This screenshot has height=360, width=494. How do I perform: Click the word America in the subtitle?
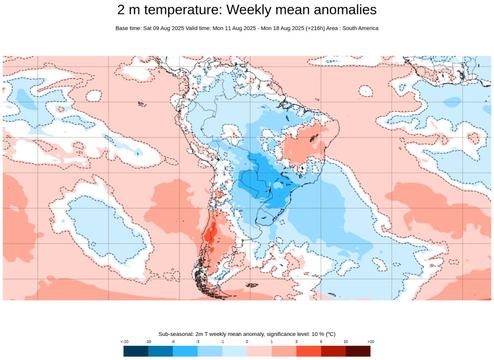pyautogui.click(x=368, y=28)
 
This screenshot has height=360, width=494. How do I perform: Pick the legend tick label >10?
pyautogui.click(x=370, y=342)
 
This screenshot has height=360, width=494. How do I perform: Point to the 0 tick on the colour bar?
pyautogui.click(x=247, y=342)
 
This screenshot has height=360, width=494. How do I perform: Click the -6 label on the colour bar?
pyautogui.click(x=173, y=342)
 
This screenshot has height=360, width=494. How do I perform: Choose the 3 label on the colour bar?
pyautogui.click(x=296, y=342)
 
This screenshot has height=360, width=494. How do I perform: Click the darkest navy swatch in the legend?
pyautogui.click(x=136, y=351)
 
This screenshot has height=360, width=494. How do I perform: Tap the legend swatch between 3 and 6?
pyautogui.click(x=309, y=351)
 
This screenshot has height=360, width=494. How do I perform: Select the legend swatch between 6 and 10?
pyautogui.click(x=333, y=351)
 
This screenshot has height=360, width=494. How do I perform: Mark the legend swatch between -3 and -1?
pyautogui.click(x=210, y=351)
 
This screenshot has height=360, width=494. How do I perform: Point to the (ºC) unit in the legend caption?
pyautogui.click(x=330, y=334)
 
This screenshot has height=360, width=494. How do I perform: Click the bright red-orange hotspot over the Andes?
pyautogui.click(x=209, y=235)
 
